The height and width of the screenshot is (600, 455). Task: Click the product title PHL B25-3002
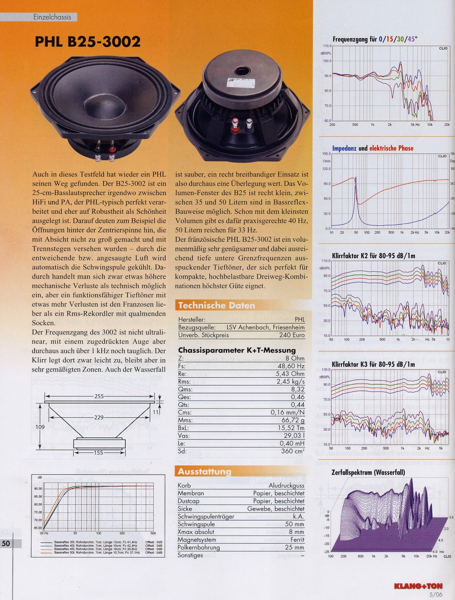pyautogui.click(x=88, y=42)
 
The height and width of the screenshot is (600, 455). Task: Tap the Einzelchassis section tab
pyautogui.click(x=52, y=17)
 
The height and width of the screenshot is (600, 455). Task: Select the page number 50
pyautogui.click(x=6, y=543)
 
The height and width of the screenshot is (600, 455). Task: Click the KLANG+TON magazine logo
pyautogui.click(x=418, y=586)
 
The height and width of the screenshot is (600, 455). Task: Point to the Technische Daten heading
pyautogui.click(x=216, y=305)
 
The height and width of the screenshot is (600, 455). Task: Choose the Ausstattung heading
pyautogui.click(x=204, y=472)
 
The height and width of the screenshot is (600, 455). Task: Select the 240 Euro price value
pyautogui.click(x=292, y=335)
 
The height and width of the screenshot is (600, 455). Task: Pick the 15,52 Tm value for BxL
pyautogui.click(x=291, y=428)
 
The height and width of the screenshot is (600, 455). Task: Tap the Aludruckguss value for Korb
pyautogui.click(x=287, y=486)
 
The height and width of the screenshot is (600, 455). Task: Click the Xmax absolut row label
pyautogui.click(x=196, y=532)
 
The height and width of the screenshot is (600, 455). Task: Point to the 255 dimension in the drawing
pyautogui.click(x=99, y=396)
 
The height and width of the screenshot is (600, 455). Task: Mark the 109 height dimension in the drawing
pyautogui.click(x=40, y=427)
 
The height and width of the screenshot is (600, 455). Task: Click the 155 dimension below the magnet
pyautogui.click(x=98, y=453)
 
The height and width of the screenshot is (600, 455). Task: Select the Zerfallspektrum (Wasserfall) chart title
pyautogui.click(x=368, y=472)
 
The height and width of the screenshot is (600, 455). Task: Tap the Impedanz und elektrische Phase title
pyautogui.click(x=373, y=148)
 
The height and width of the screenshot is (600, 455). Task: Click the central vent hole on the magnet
pyautogui.click(x=243, y=71)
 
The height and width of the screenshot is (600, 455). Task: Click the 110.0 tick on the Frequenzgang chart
pyautogui.click(x=327, y=46)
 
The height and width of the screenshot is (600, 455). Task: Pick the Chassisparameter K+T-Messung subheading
pyautogui.click(x=237, y=350)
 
